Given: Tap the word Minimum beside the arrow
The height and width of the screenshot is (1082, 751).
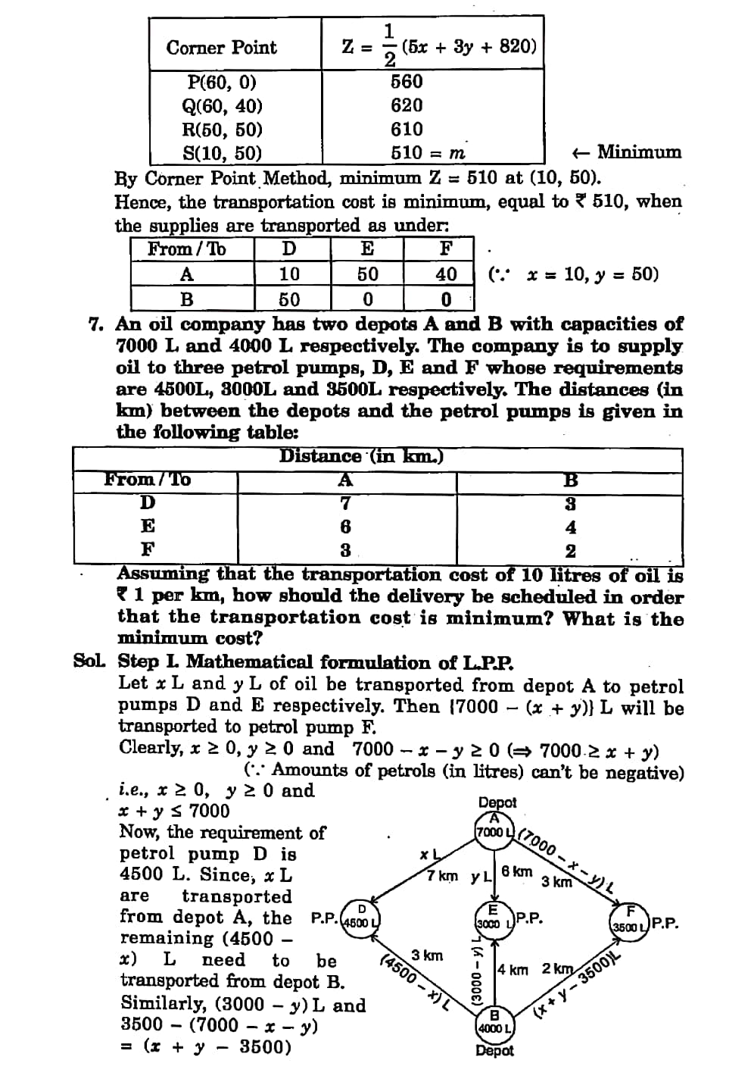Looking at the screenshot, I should pyautogui.click(x=639, y=152).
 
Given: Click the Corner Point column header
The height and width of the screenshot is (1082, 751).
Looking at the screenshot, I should pyautogui.click(x=222, y=48).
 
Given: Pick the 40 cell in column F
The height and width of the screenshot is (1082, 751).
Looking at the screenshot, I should pyautogui.click(x=446, y=274).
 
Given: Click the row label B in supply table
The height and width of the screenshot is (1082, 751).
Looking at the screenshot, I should pyautogui.click(x=187, y=299).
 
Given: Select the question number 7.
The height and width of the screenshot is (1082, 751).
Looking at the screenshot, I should pyautogui.click(x=96, y=324).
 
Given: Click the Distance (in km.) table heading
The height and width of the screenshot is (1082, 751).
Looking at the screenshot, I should pyautogui.click(x=361, y=456).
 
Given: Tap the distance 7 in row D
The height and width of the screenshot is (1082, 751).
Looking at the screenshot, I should pyautogui.click(x=345, y=503).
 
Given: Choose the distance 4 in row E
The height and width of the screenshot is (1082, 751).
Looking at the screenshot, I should pyautogui.click(x=571, y=527).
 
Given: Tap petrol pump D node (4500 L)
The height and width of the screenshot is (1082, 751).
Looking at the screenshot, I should pyautogui.click(x=361, y=918).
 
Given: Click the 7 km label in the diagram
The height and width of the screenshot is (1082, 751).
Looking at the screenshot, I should pyautogui.click(x=442, y=876).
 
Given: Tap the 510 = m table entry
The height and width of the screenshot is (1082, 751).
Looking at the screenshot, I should pyautogui.click(x=428, y=152).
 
